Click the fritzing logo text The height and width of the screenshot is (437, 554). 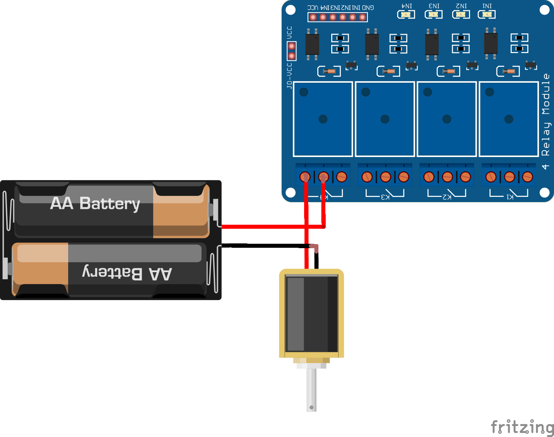click(x=522, y=427)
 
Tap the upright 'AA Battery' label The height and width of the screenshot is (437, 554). click(x=95, y=203)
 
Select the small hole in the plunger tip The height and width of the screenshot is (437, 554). click(x=311, y=407)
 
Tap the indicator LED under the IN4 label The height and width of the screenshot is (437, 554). click(x=406, y=15)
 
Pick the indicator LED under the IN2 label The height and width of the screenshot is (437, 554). click(x=461, y=15)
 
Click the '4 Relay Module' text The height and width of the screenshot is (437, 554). click(x=546, y=121)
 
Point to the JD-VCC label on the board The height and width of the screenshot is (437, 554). click(x=289, y=76)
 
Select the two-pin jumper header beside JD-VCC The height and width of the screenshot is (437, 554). click(x=292, y=51)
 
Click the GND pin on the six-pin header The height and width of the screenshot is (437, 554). click(x=362, y=17)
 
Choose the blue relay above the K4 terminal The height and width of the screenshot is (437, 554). click(x=323, y=119)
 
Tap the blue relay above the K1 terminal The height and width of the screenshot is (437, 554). click(x=509, y=119)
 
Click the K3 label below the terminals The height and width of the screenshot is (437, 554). click(x=385, y=197)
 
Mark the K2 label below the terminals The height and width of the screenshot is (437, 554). click(x=447, y=197)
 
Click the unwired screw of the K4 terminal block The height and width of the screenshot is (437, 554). click(x=341, y=177)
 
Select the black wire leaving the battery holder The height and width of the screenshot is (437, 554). click(x=264, y=246)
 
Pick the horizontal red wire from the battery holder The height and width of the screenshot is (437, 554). click(x=264, y=227)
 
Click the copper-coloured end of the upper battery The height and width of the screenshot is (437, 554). click(x=180, y=212)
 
